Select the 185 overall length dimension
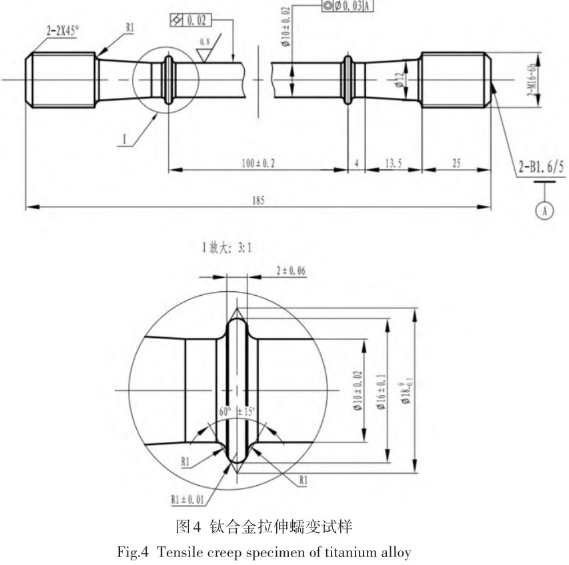[x=257, y=201]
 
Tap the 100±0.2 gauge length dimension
[x=257, y=163]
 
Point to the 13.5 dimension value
[x=393, y=163]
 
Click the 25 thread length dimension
[x=457, y=163]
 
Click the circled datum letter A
[x=546, y=209]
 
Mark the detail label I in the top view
[x=124, y=141]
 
